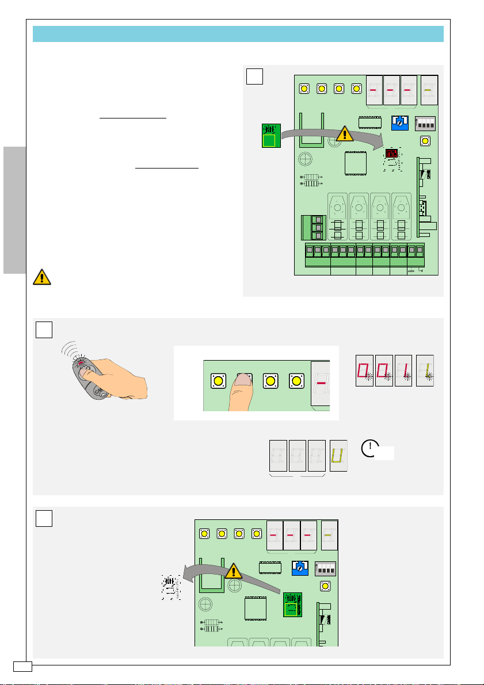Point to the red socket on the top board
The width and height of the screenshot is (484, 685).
(392, 154)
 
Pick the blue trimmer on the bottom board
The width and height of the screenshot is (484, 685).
(299, 567)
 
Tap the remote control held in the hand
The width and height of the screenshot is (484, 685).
(90, 377)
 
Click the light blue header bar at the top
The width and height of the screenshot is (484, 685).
(238, 33)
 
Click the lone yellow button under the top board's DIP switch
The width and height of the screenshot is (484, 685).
(425, 141)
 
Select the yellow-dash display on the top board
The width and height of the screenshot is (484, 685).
(429, 90)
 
